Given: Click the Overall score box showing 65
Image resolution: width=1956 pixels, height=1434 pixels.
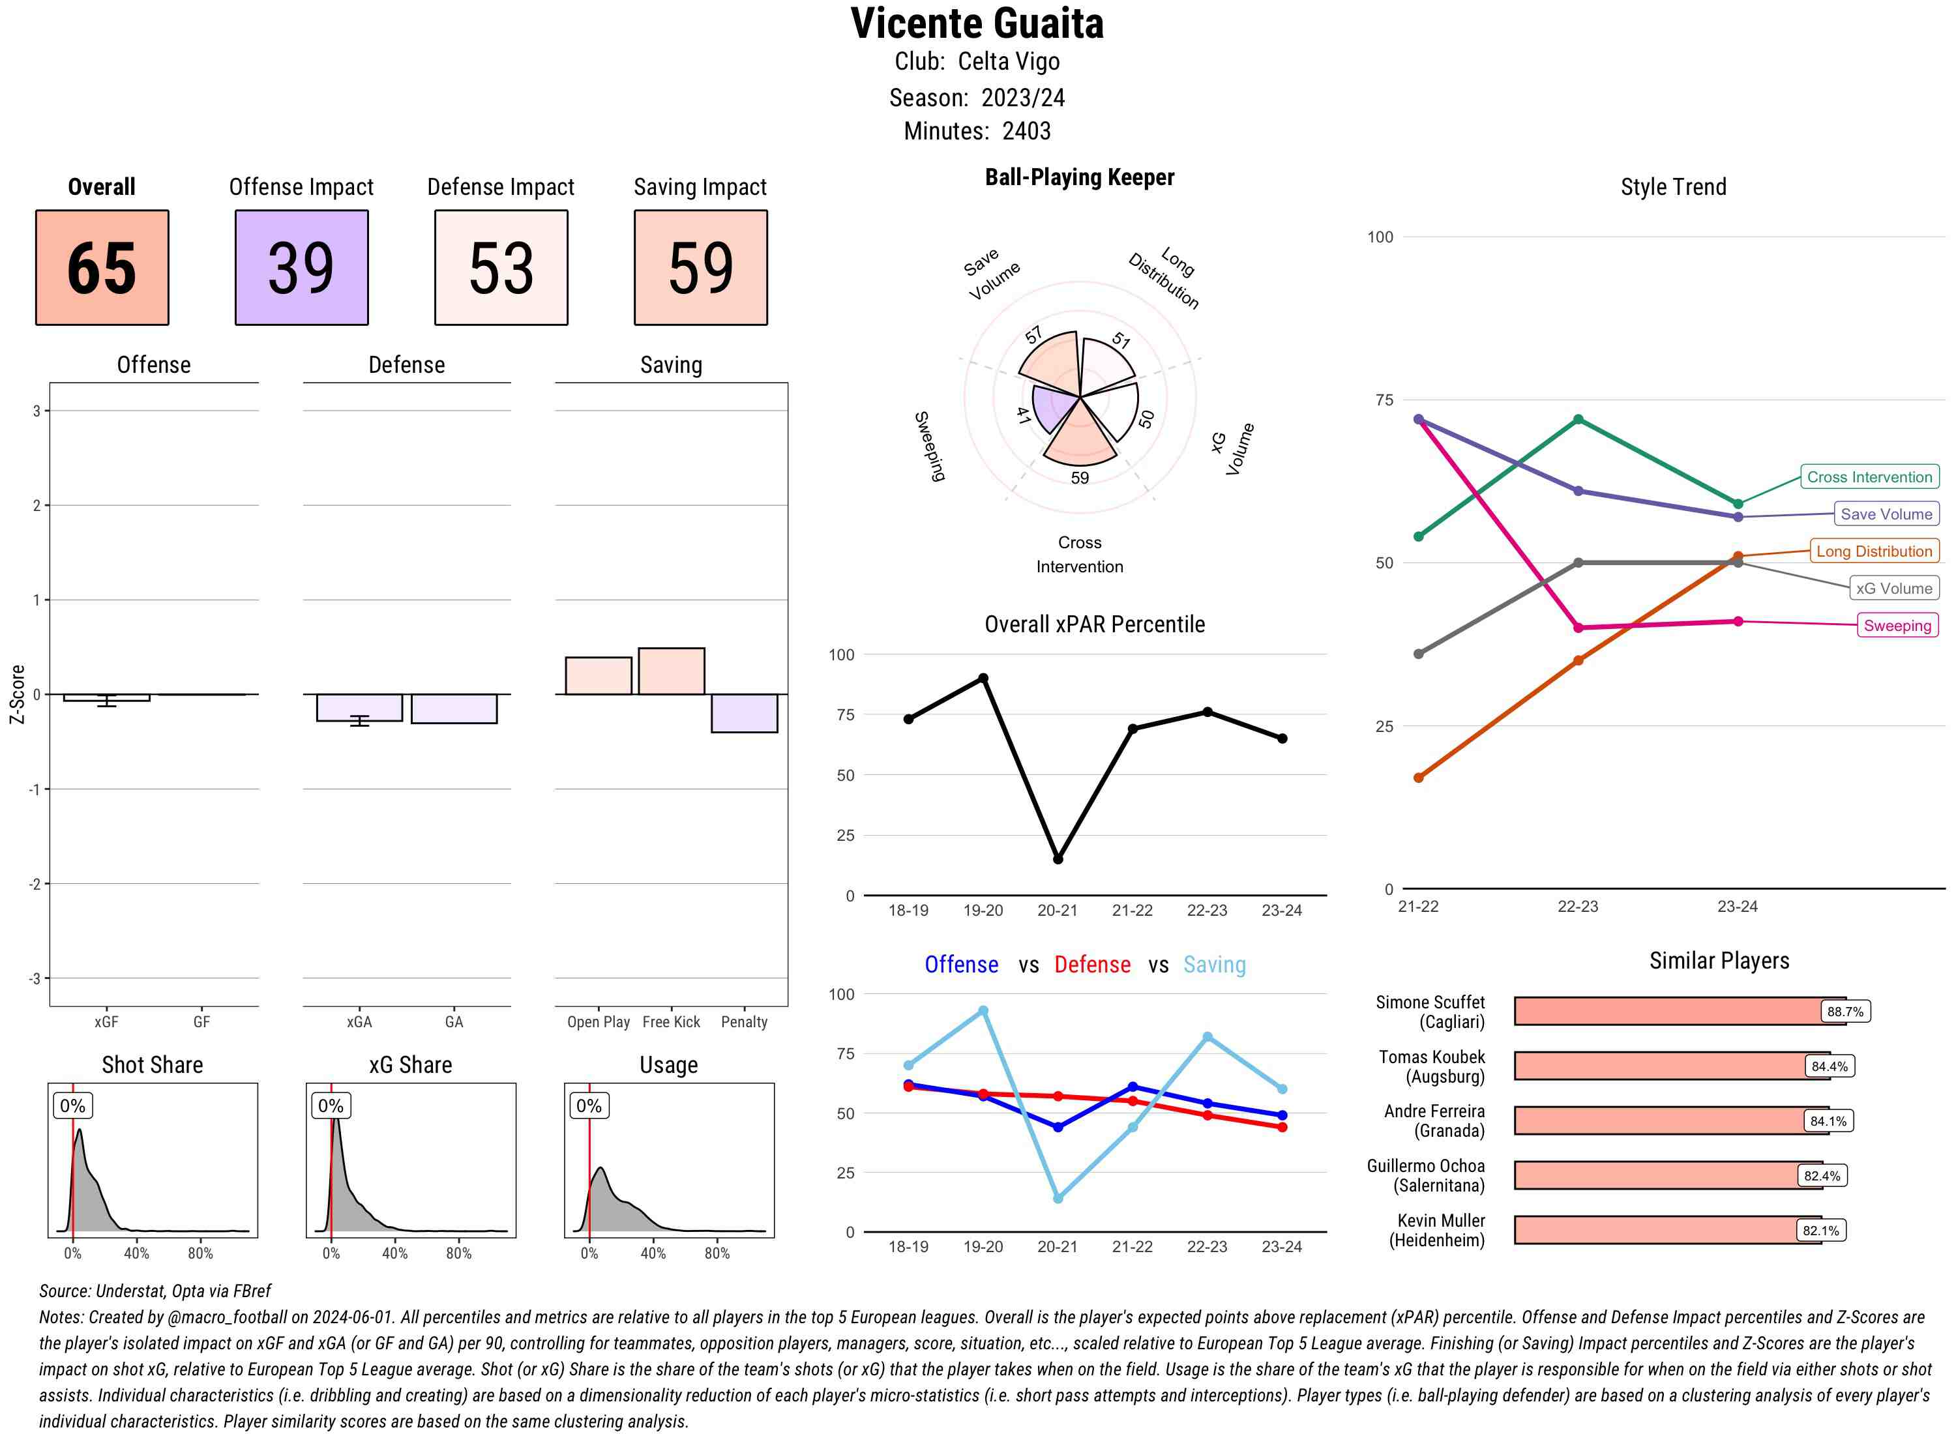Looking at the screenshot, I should (x=102, y=267).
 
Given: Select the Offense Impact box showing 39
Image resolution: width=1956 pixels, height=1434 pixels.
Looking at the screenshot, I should (x=301, y=267).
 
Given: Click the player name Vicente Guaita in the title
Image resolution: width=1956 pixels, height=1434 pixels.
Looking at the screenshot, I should (x=977, y=24).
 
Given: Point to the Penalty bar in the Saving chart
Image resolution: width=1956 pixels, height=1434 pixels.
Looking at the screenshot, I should (x=744, y=712).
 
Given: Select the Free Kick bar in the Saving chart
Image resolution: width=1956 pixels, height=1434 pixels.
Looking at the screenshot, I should (x=671, y=671).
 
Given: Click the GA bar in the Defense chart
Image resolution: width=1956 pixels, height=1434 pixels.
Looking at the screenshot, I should (x=454, y=709).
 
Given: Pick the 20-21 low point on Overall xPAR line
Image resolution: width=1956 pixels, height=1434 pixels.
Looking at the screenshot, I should (x=1058, y=859).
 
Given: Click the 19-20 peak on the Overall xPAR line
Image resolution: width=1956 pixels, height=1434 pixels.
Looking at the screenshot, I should (x=983, y=678).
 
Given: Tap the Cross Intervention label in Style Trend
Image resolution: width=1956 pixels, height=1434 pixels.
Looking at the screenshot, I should (x=1869, y=476).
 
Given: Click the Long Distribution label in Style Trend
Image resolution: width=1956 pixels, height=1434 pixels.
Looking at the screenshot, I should (x=1874, y=551).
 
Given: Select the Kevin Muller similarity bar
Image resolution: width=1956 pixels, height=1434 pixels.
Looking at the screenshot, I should (x=1667, y=1230).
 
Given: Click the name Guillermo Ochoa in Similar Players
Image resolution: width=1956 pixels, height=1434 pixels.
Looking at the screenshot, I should (x=1425, y=1165).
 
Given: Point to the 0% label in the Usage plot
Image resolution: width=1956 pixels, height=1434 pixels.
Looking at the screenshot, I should (x=589, y=1106).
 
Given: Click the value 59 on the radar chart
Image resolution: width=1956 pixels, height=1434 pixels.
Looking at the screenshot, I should (x=1079, y=477).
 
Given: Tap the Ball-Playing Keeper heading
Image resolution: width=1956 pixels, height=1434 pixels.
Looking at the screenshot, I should (x=1079, y=177).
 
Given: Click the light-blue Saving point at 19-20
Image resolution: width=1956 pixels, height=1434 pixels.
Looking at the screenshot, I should (x=983, y=1011).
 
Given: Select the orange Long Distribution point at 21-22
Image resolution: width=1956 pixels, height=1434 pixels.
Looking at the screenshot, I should (x=1419, y=778).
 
